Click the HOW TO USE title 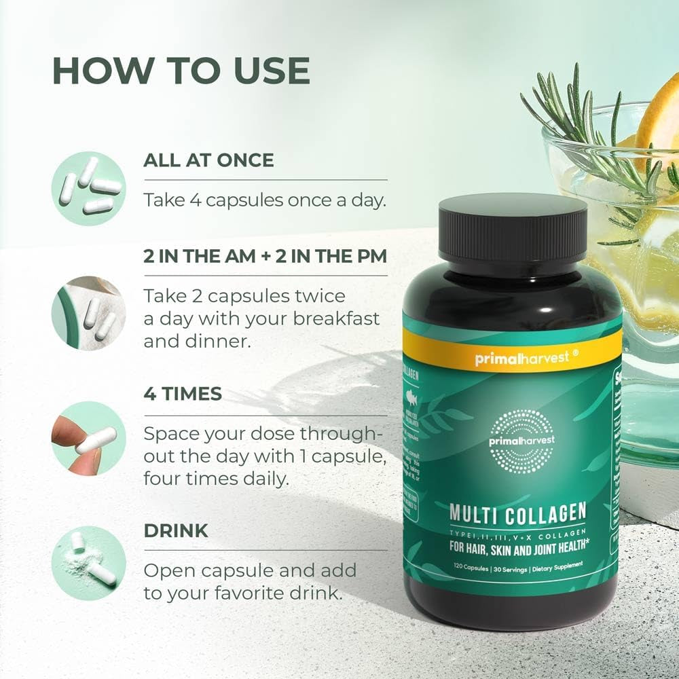181,71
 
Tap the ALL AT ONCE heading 208,160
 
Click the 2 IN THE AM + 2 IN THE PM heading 265,257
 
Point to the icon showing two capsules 88,313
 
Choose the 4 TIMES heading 183,394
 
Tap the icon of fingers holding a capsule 88,438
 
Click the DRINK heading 176,530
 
